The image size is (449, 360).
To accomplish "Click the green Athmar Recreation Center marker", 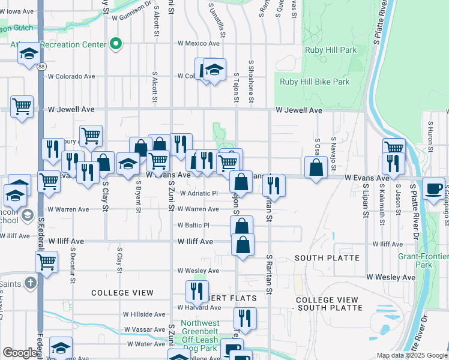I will [116, 44].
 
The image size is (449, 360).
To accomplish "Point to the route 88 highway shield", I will [40, 66].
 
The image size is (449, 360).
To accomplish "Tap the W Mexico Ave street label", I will [199, 44].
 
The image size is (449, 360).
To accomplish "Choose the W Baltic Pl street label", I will [193, 226].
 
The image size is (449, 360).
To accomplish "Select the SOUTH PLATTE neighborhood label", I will [327, 258].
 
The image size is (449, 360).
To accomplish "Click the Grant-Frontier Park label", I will [423, 260].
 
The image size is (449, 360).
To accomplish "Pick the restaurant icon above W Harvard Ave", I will [197, 292].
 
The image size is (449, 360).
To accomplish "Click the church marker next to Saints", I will [31, 282].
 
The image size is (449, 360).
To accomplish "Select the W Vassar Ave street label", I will [145, 329].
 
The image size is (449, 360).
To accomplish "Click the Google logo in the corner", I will [20, 353].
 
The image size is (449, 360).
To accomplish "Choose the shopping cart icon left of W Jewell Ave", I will [22, 107].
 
